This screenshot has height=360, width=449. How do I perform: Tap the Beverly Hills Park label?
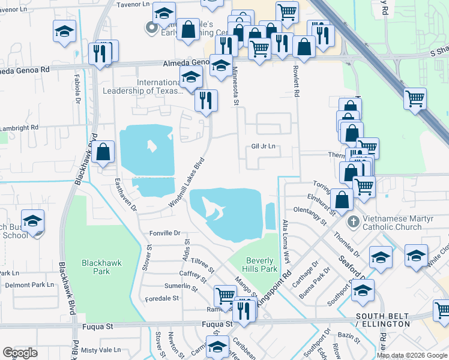coord(261,265)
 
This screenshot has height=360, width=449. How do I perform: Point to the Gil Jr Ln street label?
coord(263,146)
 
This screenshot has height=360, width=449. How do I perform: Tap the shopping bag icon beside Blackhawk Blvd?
coord(103,152)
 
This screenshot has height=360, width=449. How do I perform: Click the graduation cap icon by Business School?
coord(32,219)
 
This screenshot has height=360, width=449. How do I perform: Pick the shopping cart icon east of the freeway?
coord(415,98)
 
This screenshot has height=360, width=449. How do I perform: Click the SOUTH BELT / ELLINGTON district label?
coord(382,320)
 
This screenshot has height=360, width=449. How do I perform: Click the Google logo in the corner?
coord(20,353)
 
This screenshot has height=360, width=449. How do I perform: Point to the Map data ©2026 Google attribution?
coord(412,355)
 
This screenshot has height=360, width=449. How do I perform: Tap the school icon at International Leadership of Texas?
coord(191,78)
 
